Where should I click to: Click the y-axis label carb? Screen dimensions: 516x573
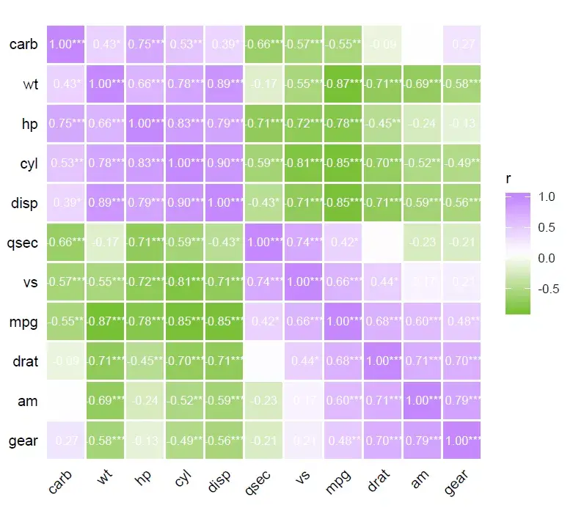23,44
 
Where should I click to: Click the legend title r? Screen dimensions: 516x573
508,178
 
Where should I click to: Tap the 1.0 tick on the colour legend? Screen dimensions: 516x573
546,196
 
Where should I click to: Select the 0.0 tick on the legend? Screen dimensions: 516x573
546,258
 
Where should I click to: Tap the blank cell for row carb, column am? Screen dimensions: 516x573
422,44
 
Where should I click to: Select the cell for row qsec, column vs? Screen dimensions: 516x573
303,242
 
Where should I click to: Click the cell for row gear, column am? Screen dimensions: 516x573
422,440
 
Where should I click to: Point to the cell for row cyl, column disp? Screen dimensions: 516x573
224,163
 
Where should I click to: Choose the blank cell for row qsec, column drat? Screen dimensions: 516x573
382,242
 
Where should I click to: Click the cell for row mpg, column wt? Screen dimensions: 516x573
106,321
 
